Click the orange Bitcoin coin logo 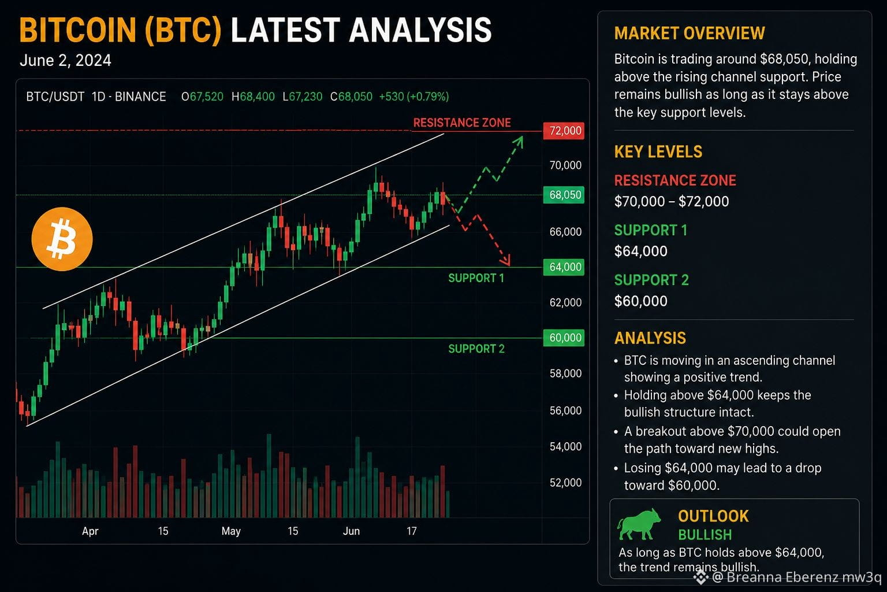pos(62,239)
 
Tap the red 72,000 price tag pos(564,131)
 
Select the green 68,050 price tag pos(564,195)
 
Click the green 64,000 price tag pos(564,267)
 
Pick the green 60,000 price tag pos(564,338)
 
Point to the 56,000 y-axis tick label pos(565,410)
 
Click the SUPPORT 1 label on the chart pos(476,278)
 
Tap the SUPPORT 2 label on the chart pos(476,349)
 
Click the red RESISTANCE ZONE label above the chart pos(462,123)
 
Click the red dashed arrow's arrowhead pos(506,261)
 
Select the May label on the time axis pos(231,531)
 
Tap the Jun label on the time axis pos(351,531)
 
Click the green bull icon pos(639,524)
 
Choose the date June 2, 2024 pos(65,61)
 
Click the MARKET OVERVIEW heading pos(690,34)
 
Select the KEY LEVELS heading pos(658,152)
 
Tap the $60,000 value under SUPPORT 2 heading pos(640,301)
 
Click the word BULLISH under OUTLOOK pos(705,535)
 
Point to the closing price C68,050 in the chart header pos(351,97)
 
